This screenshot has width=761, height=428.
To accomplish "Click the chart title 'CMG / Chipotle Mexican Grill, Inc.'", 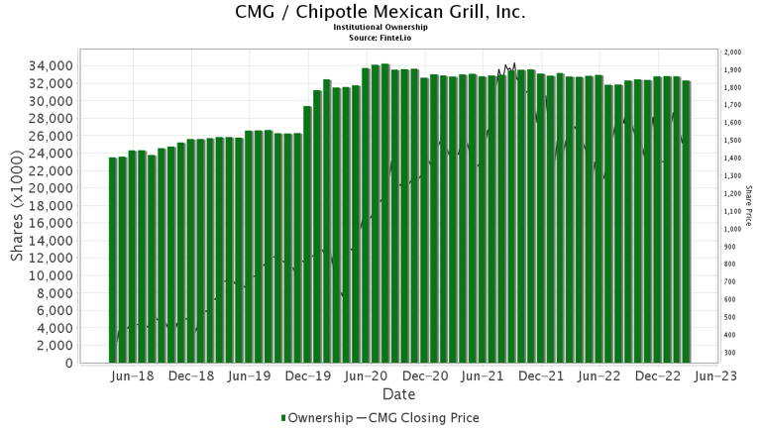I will coord(380,13).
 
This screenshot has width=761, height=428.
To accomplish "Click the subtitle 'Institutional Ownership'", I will coord(380,28).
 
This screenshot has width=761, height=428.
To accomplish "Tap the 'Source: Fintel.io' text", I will coord(380,38).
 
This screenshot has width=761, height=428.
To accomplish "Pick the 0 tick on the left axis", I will coord(68,364).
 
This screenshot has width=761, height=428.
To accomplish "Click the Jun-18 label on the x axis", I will coord(133,377).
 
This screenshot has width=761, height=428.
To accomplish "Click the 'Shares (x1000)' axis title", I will coord(17,207).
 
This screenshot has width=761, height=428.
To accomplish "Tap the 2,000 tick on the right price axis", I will coord(733,52).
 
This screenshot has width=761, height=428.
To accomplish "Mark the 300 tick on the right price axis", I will coord(731,353).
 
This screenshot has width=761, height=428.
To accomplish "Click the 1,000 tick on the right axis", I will coord(733,229).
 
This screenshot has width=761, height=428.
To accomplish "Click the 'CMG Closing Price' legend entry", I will coord(422,418).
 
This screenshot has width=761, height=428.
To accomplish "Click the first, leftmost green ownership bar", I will coord(113,260).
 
